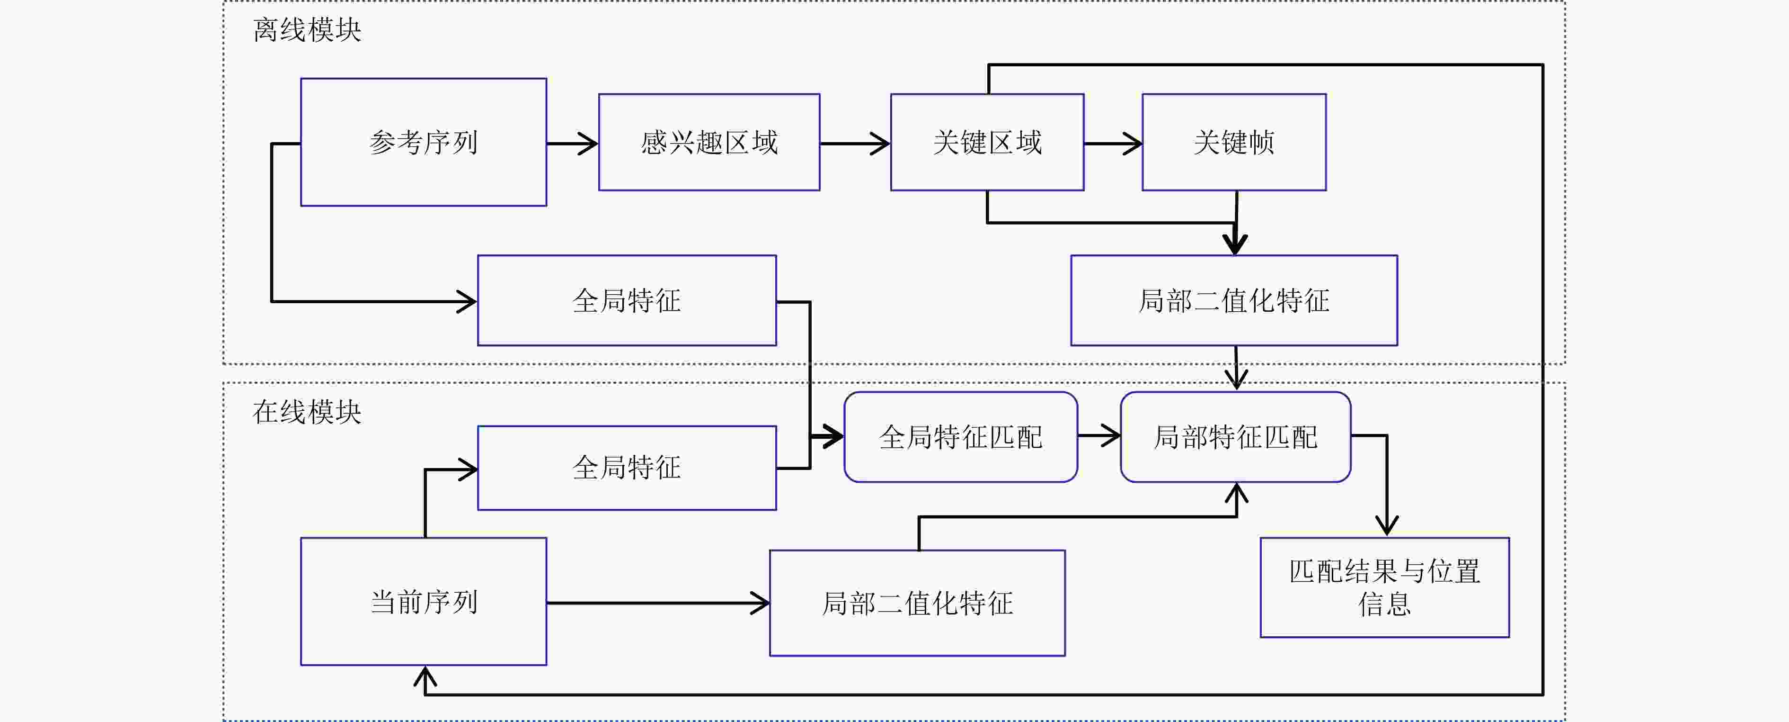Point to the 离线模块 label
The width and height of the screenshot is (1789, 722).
click(x=307, y=30)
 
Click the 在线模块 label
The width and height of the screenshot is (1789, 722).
click(x=307, y=411)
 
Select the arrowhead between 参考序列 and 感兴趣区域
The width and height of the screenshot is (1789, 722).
click(x=589, y=144)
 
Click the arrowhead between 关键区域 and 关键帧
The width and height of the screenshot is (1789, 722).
click(x=1133, y=144)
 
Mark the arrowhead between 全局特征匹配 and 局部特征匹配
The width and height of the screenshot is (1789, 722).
click(x=1111, y=436)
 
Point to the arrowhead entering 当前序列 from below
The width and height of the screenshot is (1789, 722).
click(x=425, y=676)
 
